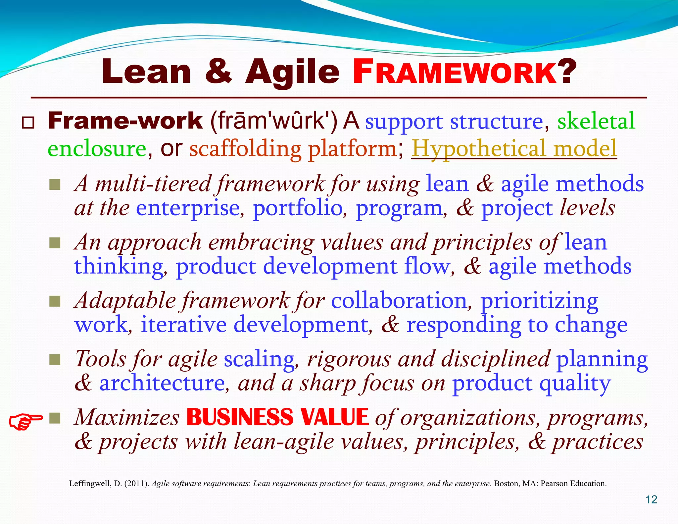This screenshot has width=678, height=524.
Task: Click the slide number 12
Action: tap(651, 499)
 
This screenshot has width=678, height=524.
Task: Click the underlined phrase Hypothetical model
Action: tap(514, 148)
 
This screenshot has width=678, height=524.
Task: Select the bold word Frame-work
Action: tap(125, 121)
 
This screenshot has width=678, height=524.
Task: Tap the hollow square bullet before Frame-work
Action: tap(28, 123)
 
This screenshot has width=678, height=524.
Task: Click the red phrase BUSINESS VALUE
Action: tap(277, 417)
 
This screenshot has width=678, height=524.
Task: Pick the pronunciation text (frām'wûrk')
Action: tap(273, 121)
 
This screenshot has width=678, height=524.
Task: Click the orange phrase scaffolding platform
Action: tap(293, 149)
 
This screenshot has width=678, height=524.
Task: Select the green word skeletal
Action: tap(596, 121)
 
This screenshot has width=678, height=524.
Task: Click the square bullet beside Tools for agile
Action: tap(55, 359)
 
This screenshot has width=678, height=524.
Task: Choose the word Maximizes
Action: tap(127, 417)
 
